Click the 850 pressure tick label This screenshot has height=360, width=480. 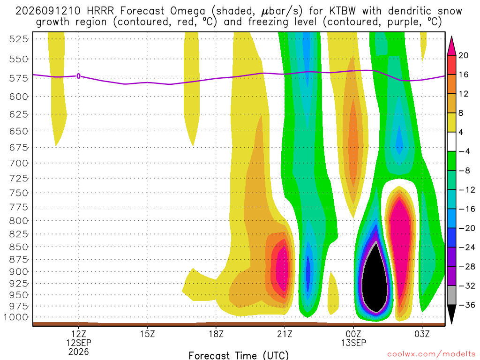click(x=18, y=247)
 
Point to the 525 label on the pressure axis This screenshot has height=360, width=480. click(x=18, y=39)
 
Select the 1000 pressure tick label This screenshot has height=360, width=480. click(x=15, y=317)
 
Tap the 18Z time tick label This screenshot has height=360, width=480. click(x=216, y=334)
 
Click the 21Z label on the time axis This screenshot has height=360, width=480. click(x=285, y=334)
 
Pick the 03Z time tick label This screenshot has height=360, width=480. click(x=422, y=334)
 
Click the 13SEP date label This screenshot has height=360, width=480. click(x=353, y=343)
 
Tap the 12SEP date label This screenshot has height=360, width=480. click(x=79, y=343)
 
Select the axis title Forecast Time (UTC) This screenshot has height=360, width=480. click(x=239, y=355)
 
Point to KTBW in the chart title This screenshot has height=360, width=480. click(x=343, y=11)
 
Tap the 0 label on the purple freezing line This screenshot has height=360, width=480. click(x=79, y=76)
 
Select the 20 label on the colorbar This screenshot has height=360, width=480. click(x=464, y=55)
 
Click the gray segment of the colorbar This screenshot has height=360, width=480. click(x=451, y=295)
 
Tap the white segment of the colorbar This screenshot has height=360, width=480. click(x=451, y=142)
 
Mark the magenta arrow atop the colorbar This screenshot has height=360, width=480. click(x=451, y=45)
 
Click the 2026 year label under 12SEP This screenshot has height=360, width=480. click(x=79, y=352)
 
